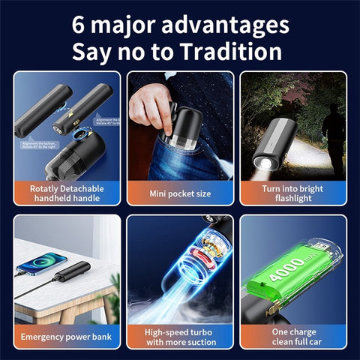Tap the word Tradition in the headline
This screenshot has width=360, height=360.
coord(233,52)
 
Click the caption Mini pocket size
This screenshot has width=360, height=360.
coord(180,193)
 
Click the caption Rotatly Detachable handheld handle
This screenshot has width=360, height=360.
coord(67,193)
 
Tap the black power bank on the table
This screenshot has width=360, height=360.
coord(75,271)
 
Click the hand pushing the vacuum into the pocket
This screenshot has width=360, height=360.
coord(149,105)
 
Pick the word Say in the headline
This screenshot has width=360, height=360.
coord(91,52)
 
